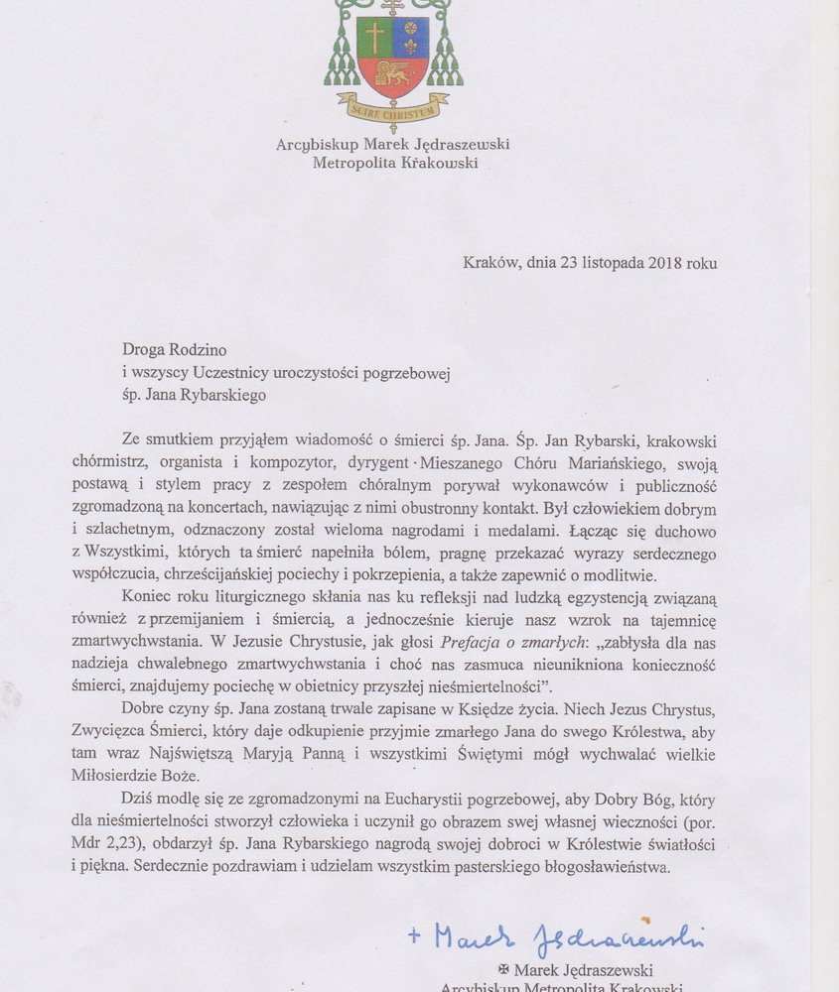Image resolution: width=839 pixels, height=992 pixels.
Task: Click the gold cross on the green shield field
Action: [374, 37]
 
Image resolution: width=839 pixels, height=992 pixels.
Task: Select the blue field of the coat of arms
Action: [410, 37]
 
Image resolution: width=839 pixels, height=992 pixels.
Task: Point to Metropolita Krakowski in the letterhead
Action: [394, 163]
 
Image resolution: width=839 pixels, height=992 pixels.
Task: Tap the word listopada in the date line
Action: [612, 263]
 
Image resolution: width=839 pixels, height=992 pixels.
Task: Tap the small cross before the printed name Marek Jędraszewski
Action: [504, 970]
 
